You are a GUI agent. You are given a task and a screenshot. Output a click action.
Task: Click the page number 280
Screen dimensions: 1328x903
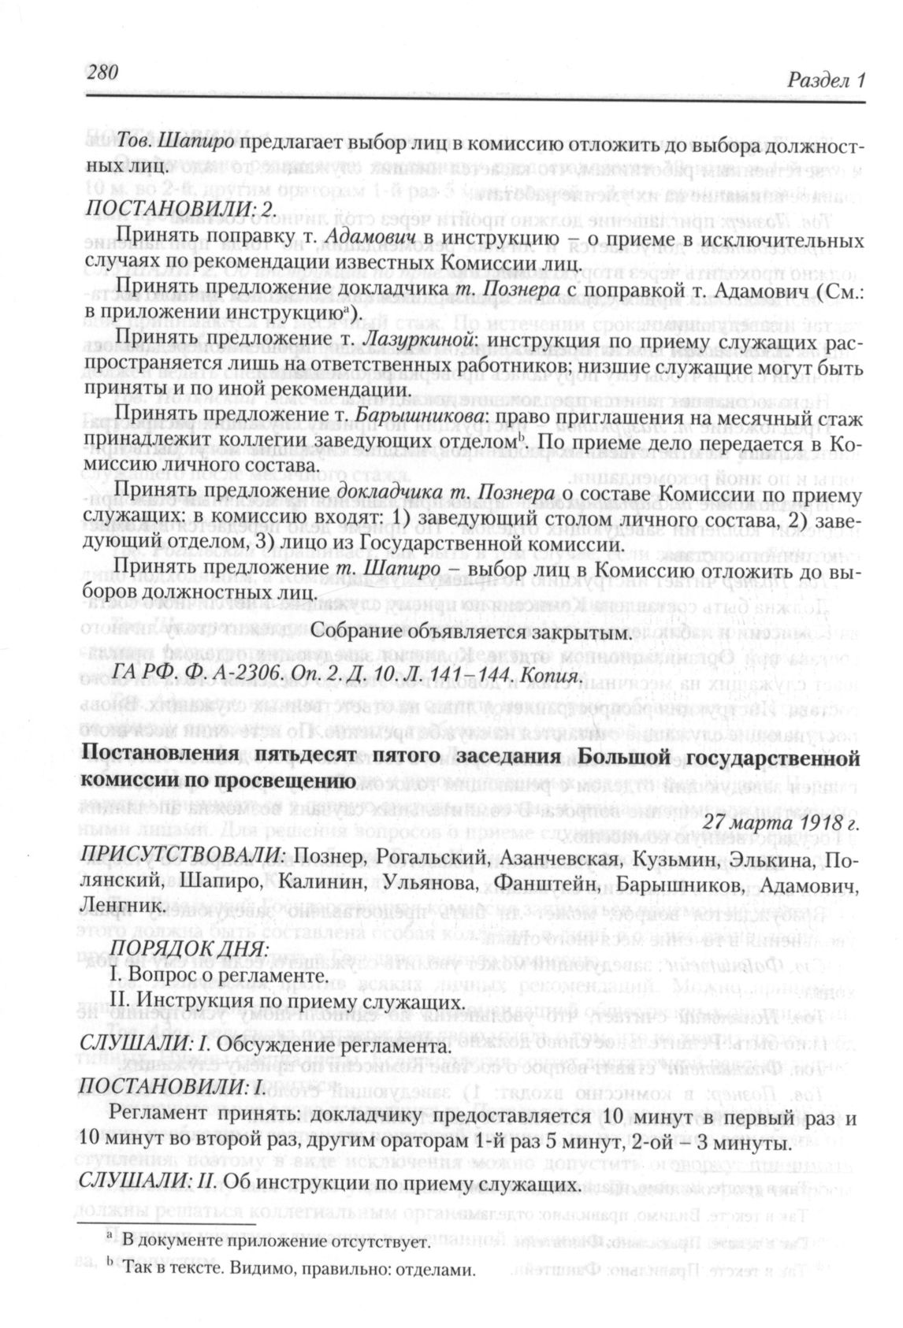pyautogui.click(x=98, y=72)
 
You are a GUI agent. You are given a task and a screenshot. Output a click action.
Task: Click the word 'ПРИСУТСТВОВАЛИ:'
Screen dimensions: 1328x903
pyautogui.click(x=185, y=856)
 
